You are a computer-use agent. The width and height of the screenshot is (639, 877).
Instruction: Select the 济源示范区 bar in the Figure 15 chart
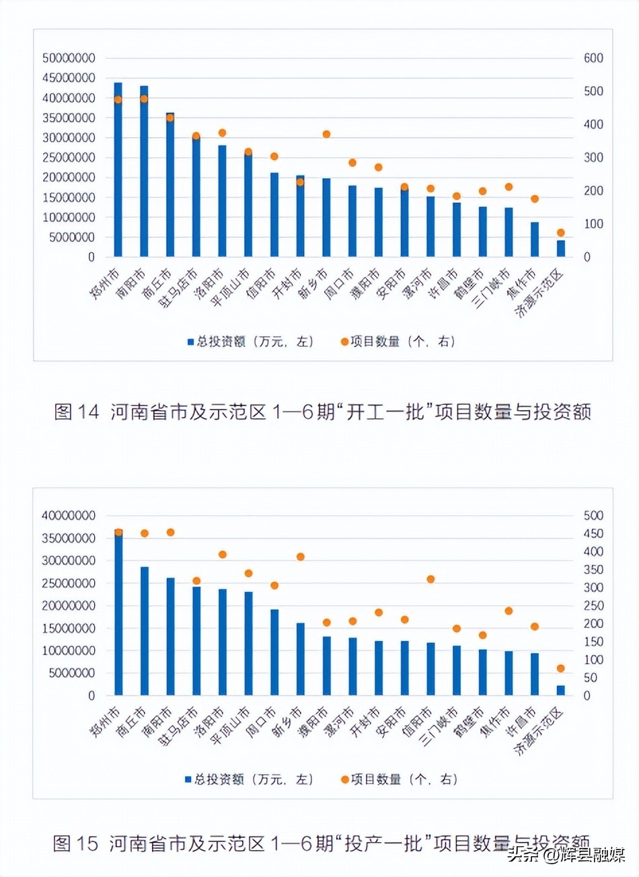[561, 690]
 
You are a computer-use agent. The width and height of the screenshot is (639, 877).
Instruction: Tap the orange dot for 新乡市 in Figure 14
[326, 135]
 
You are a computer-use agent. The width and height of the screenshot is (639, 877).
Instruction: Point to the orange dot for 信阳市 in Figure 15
[430, 579]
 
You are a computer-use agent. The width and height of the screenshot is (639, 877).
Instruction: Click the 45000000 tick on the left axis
[69, 78]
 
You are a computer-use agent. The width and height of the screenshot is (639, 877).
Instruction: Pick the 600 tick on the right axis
[593, 59]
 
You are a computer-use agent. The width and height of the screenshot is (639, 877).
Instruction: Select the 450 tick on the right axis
[593, 534]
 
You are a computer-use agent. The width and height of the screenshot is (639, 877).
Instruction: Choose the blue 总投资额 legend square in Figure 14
[190, 342]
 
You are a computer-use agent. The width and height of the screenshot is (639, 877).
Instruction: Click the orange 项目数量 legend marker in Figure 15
[344, 779]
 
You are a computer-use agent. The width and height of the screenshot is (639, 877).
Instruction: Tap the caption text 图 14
[76, 412]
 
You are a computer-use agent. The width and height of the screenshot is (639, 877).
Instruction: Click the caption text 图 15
[75, 843]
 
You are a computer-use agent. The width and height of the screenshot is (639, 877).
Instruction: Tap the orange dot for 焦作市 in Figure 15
[509, 611]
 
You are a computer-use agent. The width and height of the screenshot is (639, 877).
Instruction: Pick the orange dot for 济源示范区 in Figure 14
[561, 233]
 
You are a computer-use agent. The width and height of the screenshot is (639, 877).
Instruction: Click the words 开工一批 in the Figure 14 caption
[386, 412]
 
